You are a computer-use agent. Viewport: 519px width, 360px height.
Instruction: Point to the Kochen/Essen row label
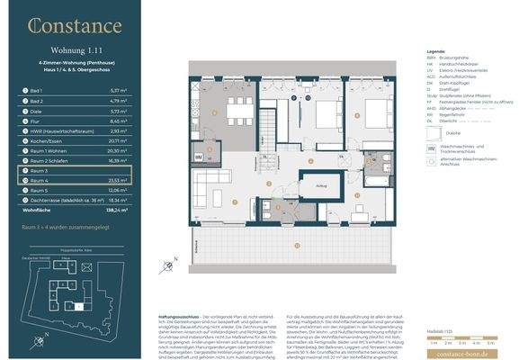pyautogui.click(x=44, y=141)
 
